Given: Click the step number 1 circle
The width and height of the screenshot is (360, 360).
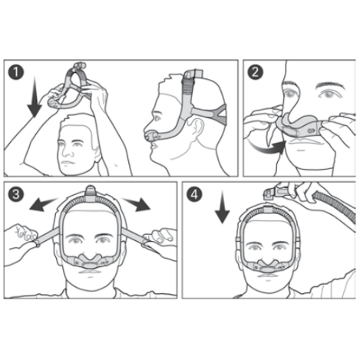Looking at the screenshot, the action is pos(16,72).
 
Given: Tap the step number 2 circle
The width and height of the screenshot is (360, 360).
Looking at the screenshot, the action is pos(255,72).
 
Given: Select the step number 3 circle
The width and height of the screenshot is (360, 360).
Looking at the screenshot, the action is pos(16,194).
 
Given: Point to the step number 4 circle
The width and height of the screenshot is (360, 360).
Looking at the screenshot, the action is pos(194,194).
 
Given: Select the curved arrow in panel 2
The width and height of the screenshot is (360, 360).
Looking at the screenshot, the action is pos(267,148).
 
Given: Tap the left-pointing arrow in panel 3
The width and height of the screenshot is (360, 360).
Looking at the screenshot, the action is pos(44,204).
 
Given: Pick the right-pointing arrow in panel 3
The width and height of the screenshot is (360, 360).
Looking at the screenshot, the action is pos(136,204).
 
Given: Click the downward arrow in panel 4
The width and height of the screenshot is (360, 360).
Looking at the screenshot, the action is pos(222,207).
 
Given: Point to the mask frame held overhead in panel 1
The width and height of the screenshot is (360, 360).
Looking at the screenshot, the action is pos(70,88).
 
